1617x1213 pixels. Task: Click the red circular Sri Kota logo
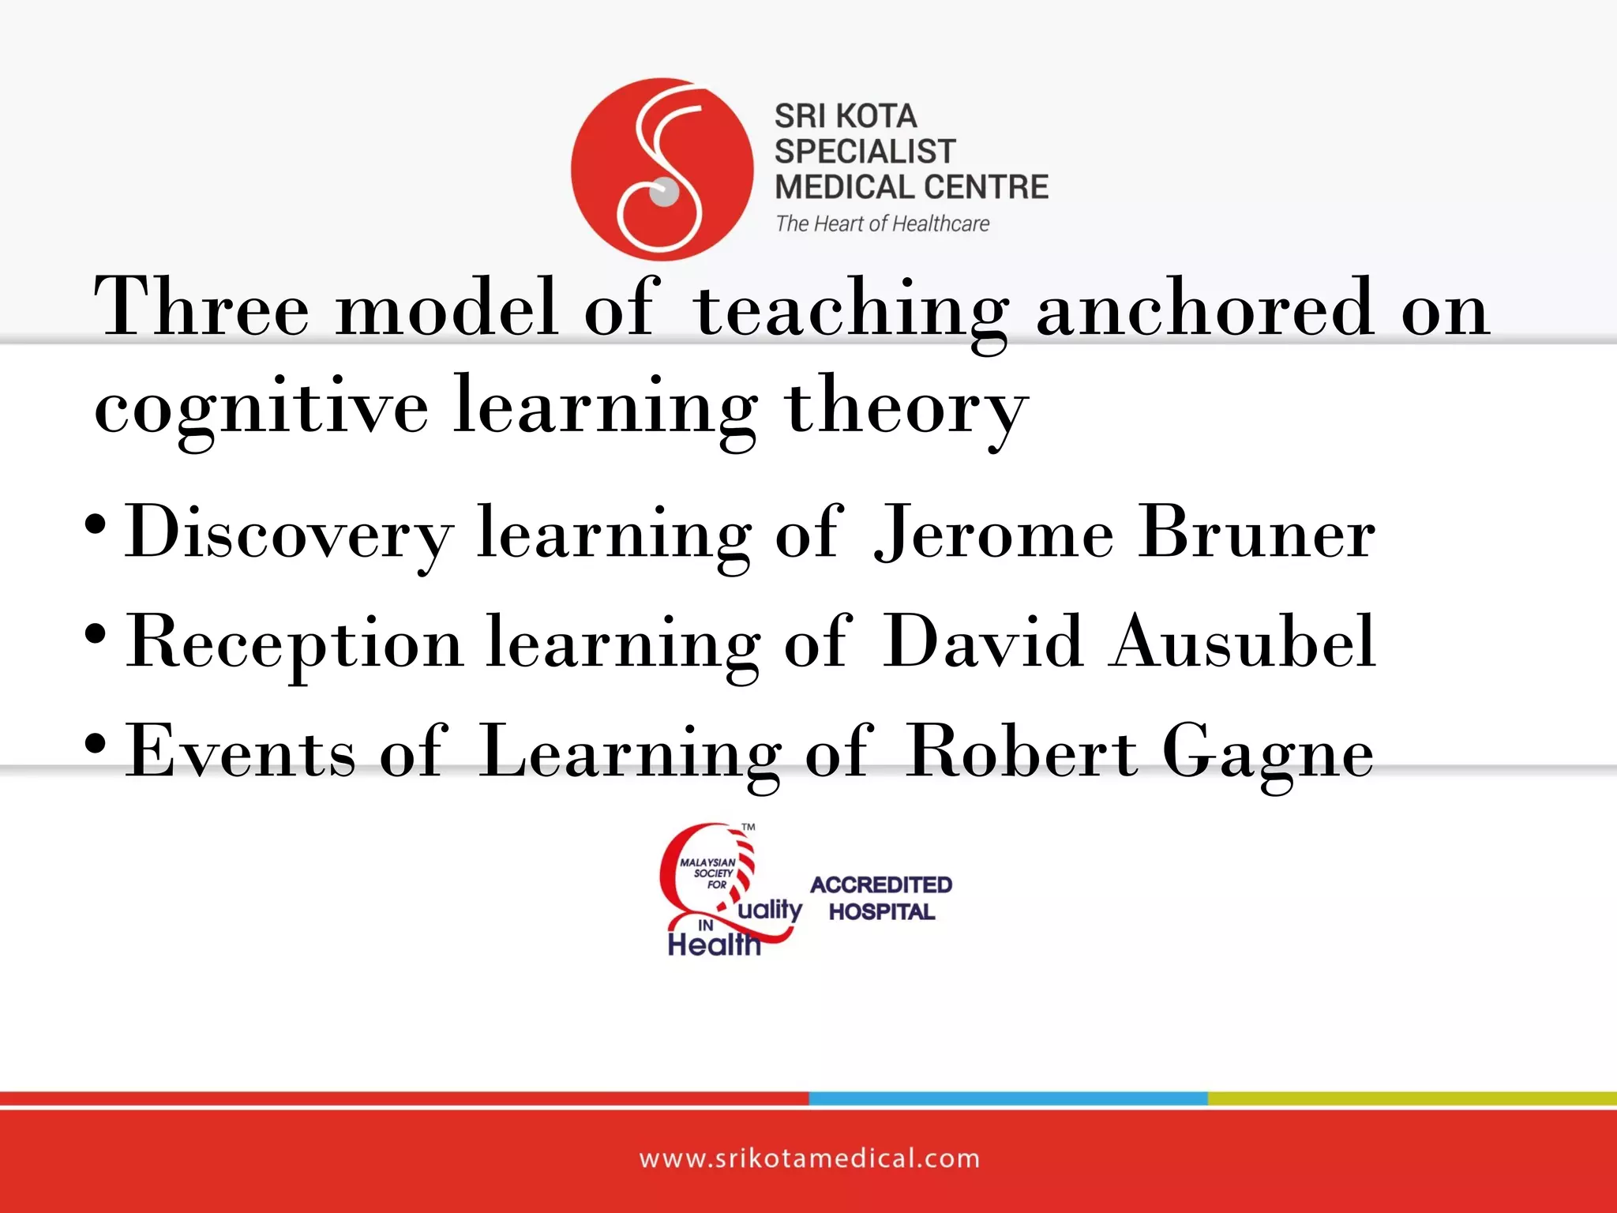coord(662,169)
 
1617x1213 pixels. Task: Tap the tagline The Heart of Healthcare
coord(882,224)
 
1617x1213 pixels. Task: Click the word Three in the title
coord(201,308)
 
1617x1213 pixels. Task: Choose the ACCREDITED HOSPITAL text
coord(881,898)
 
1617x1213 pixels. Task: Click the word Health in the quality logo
coord(714,944)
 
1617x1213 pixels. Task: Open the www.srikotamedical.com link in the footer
coord(809,1159)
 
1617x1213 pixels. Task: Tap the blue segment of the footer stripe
coord(1007,1098)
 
